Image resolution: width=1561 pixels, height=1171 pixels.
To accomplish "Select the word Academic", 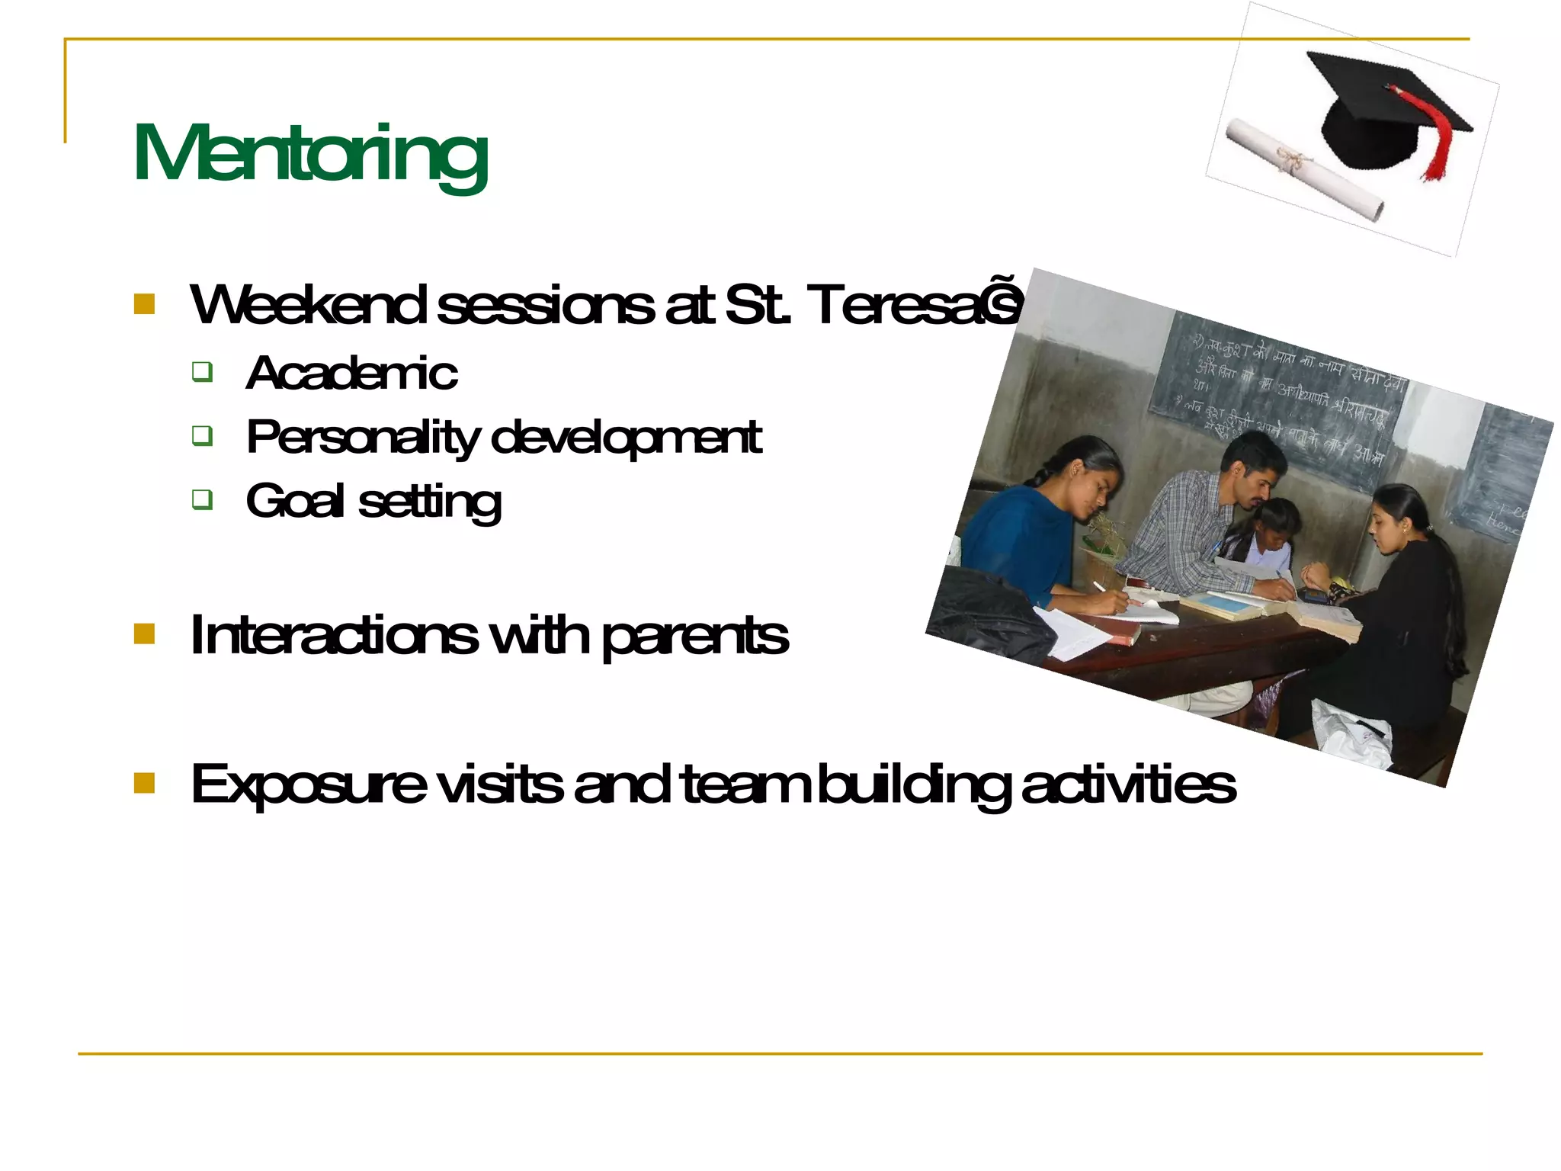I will tap(351, 374).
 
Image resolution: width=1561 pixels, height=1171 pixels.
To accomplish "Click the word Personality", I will tap(363, 438).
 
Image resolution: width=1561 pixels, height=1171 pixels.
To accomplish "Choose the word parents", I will tap(694, 636).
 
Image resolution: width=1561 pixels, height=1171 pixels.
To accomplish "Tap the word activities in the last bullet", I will tap(1128, 784).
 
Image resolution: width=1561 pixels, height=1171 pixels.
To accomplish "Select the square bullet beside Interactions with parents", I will tap(144, 634).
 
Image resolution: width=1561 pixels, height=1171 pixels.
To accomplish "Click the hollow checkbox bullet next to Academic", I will tap(202, 372).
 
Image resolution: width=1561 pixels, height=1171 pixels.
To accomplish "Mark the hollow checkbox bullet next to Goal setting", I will tap(202, 499).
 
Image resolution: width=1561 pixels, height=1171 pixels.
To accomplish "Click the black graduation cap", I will tap(1372, 107).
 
